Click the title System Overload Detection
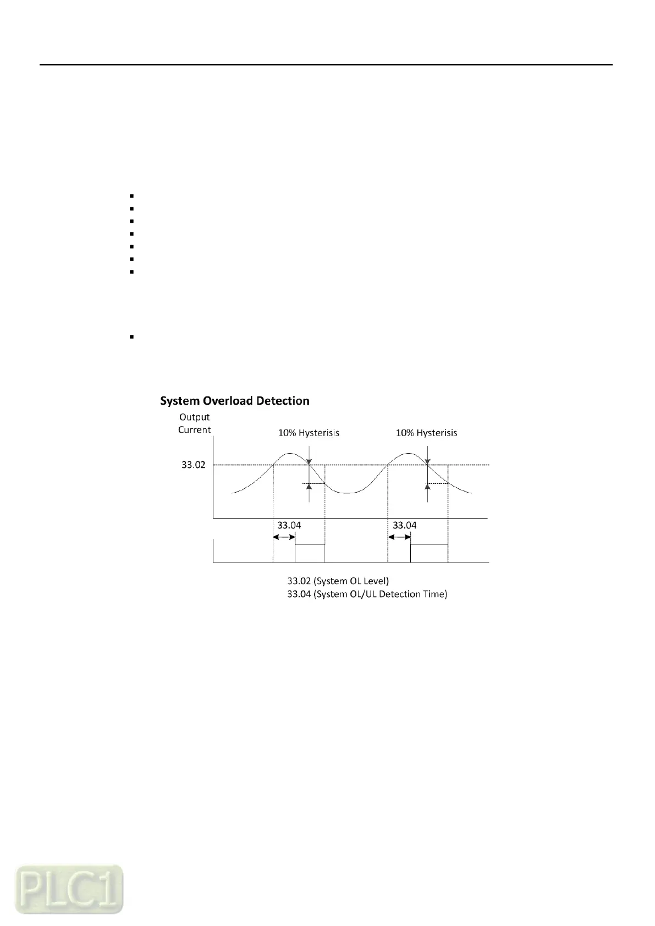coord(234,401)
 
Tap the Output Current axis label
coord(194,423)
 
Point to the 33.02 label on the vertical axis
coord(193,465)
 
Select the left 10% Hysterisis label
coord(308,433)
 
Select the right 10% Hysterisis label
coord(426,433)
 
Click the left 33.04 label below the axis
coord(289,525)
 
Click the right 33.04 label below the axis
coord(404,525)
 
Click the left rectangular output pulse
coord(310,553)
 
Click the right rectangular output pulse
coord(429,553)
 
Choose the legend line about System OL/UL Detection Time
coord(367,594)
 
